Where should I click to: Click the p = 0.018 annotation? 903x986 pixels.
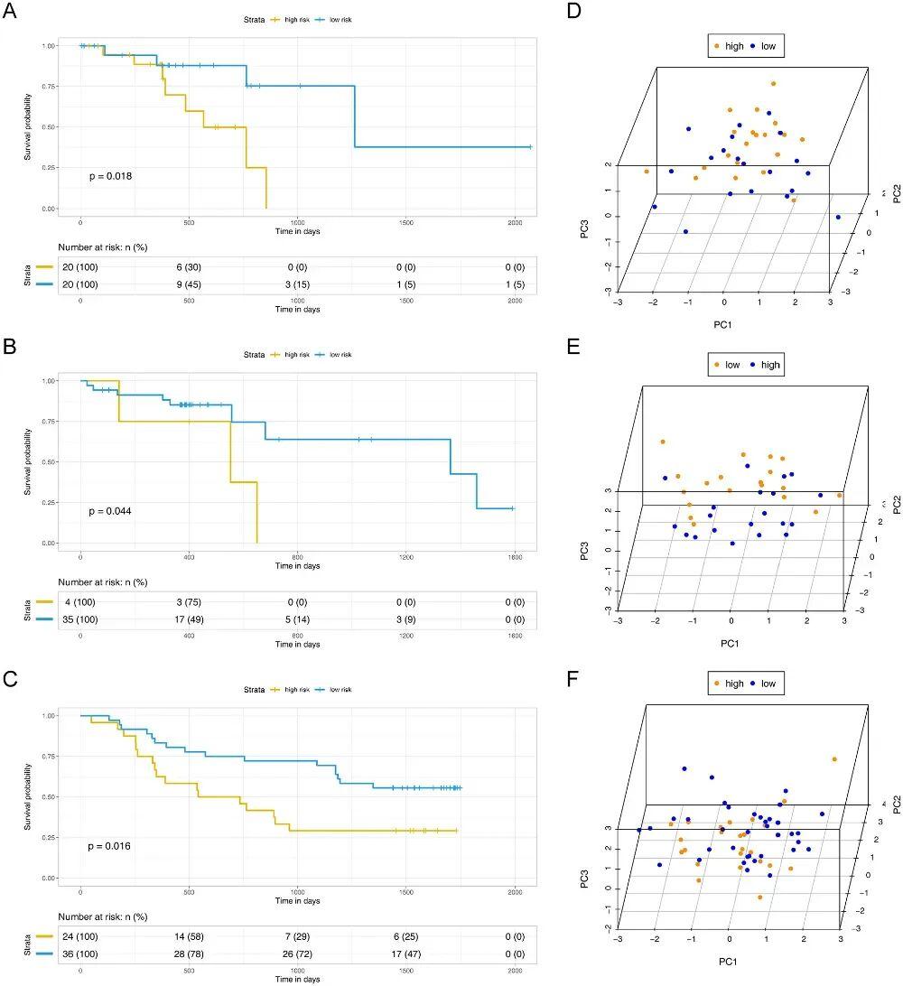(111, 176)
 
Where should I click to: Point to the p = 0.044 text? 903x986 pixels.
(110, 511)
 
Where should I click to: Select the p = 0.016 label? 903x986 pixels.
(110, 846)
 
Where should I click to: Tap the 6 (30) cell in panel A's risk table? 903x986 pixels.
(189, 268)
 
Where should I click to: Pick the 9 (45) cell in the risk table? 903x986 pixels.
(189, 285)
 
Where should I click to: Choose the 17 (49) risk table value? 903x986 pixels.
(189, 620)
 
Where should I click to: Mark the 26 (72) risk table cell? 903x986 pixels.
(298, 955)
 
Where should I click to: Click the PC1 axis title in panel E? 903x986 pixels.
(731, 643)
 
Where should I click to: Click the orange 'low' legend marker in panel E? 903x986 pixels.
(717, 366)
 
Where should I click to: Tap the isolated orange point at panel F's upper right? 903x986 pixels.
(833, 759)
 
